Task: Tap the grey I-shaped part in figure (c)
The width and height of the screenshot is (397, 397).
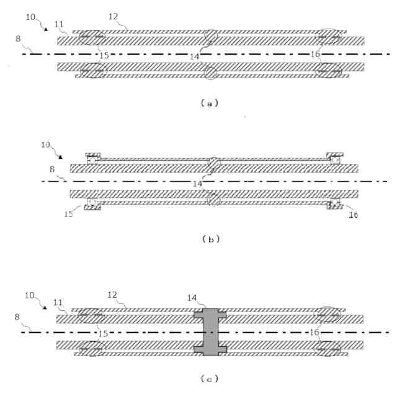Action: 210,332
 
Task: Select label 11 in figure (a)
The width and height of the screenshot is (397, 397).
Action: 60,24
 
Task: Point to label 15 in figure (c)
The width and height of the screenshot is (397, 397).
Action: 103,334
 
